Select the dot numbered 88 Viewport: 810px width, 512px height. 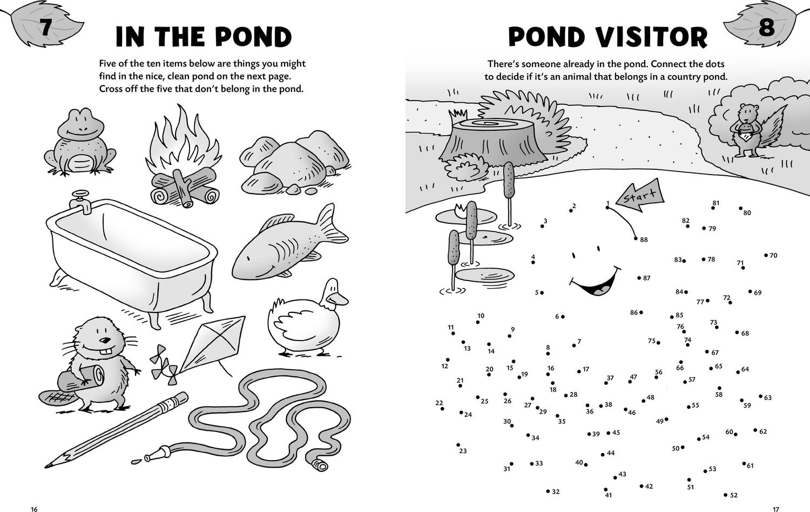tap(636, 238)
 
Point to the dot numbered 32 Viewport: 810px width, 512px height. tap(548, 491)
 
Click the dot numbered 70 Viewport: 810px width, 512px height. tap(766, 255)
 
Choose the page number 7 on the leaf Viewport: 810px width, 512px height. tap(45, 27)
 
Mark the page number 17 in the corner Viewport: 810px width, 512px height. tap(775, 509)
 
